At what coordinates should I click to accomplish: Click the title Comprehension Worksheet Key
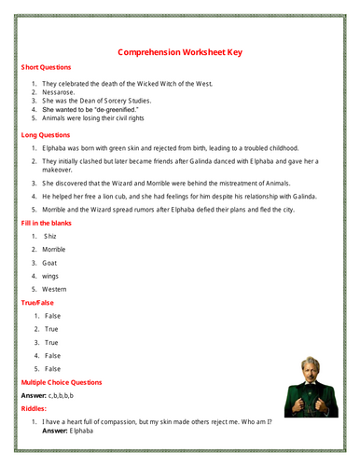point(181,52)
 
